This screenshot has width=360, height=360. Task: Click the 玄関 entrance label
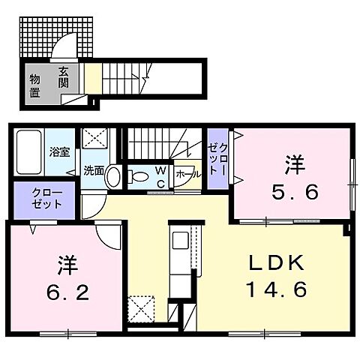click(64, 77)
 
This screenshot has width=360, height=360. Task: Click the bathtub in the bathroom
click(29, 154)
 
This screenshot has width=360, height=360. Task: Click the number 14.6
click(277, 289)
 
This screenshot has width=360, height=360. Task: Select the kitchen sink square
click(181, 243)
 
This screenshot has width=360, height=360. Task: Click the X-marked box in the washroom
click(96, 139)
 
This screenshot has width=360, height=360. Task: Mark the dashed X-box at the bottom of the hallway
click(140, 308)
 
